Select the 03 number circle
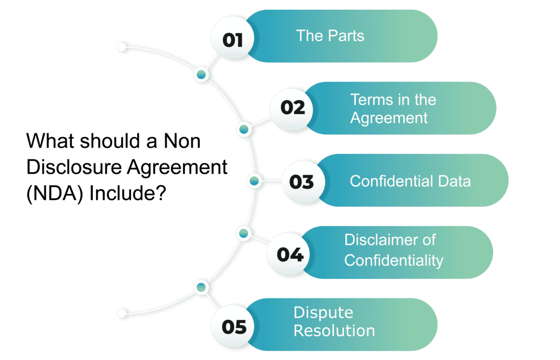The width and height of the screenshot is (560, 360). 301,181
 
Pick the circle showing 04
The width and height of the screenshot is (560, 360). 290,254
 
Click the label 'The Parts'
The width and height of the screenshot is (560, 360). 330,36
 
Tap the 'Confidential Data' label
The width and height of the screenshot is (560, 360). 410,181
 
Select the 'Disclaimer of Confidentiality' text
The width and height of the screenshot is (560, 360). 393,250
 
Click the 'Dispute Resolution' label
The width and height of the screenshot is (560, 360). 334,321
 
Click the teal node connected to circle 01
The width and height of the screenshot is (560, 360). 202,74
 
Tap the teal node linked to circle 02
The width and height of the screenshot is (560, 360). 243,130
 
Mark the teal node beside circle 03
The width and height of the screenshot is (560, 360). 254,180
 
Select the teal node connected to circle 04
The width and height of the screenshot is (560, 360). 243,232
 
